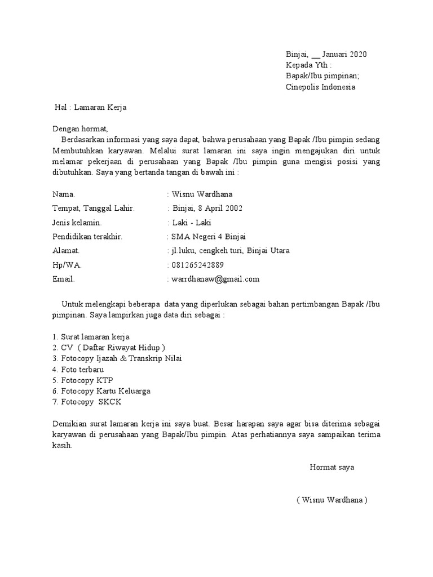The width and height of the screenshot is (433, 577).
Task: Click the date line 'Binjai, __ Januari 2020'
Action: pos(326,55)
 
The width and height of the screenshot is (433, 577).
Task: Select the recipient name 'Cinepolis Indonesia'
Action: pos(321,87)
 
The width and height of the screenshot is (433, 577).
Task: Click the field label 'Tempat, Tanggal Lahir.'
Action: pos(94,208)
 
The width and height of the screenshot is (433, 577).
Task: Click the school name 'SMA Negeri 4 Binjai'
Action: pos(209,237)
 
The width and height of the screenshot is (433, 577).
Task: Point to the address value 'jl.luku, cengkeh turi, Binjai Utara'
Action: pos(230,251)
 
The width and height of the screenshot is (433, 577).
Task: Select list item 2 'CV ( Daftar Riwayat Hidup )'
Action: pos(109,347)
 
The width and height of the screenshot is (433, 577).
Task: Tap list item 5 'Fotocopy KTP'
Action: pos(83,380)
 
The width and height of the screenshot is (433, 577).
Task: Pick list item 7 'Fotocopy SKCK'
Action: pos(86,402)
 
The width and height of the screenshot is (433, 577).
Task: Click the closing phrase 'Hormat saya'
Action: pos(332,468)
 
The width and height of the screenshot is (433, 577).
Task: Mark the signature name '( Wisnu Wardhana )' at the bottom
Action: pos(332,500)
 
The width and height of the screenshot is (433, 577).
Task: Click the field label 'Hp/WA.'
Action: pos(67,265)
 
